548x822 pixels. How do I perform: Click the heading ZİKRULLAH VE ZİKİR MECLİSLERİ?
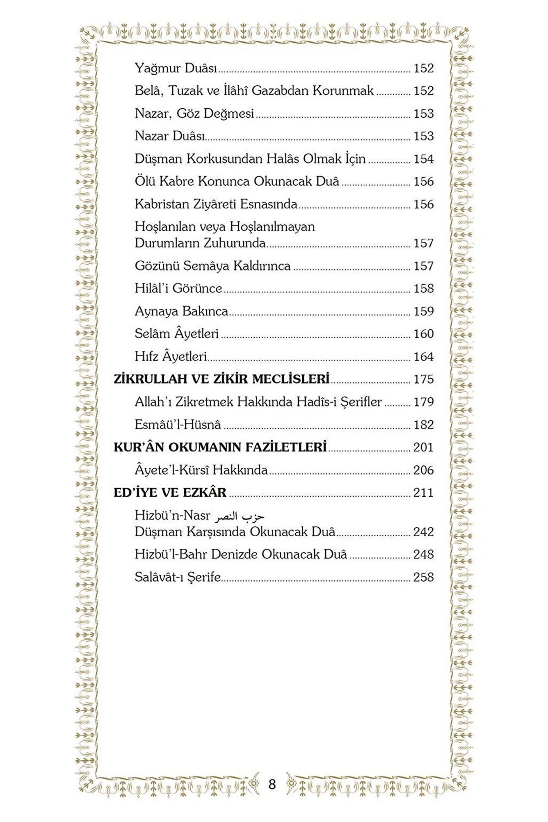tap(221, 379)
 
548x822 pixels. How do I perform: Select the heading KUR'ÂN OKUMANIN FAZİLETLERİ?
tap(220, 447)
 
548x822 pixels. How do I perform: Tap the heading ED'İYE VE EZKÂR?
tap(170, 492)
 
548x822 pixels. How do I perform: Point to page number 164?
tap(424, 357)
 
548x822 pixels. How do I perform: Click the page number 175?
tap(424, 379)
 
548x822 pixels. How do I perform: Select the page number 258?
tap(424, 577)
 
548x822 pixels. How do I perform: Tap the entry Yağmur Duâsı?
tap(176, 68)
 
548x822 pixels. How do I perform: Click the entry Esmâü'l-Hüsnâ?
tap(178, 424)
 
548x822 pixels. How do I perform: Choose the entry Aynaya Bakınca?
tap(181, 311)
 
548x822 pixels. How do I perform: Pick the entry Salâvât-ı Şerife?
tap(178, 577)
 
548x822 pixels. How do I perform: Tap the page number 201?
tap(424, 447)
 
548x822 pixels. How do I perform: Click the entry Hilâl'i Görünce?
tap(178, 288)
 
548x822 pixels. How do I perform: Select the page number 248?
tap(424, 554)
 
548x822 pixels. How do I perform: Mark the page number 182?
tap(424, 424)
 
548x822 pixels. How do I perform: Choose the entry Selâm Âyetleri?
tap(177, 334)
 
